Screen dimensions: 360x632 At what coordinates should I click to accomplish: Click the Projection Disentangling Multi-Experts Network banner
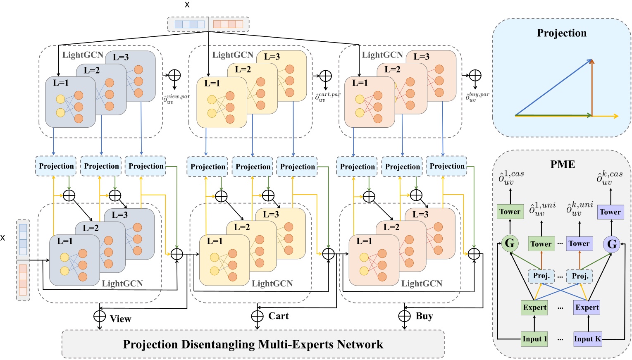253,344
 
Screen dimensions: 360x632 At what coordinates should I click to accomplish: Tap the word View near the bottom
120,319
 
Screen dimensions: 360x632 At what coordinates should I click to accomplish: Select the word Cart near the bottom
278,316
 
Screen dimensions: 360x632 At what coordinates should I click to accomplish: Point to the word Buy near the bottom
424,316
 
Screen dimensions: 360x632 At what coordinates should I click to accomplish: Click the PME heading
563,165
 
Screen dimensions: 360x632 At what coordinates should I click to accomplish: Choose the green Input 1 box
534,339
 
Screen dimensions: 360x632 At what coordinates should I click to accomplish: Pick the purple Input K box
587,339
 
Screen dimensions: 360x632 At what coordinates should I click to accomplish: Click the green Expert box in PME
534,308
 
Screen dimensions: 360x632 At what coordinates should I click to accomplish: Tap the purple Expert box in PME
587,308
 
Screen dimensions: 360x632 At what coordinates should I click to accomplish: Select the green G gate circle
510,243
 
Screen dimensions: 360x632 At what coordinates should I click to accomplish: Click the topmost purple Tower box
610,212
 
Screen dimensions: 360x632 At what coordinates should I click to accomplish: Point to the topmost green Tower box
510,212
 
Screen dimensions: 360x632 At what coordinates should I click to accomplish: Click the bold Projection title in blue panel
561,33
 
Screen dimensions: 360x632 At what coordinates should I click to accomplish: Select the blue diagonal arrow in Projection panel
554,87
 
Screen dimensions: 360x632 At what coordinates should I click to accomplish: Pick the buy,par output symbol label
477,97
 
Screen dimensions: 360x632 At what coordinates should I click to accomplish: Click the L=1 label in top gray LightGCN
61,83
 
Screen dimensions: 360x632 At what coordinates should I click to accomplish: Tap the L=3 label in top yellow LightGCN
272,57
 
